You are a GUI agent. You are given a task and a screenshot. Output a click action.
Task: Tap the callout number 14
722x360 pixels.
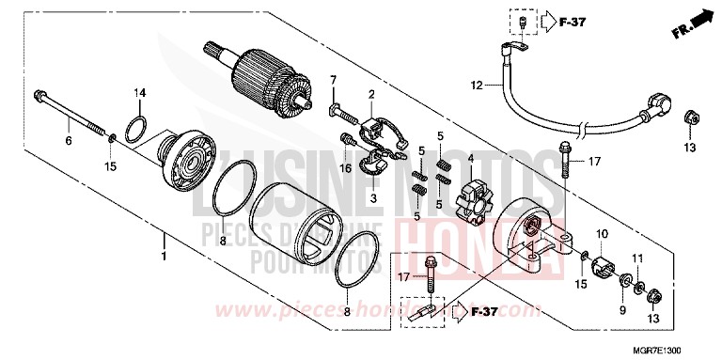(139, 92)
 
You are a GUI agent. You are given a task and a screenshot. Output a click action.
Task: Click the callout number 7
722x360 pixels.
(333, 78)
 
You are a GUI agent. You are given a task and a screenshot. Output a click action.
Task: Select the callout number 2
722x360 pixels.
(371, 94)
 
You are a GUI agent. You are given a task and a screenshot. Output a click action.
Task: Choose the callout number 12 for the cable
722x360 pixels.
(477, 86)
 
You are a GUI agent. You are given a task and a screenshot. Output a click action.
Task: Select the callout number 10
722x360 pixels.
(601, 234)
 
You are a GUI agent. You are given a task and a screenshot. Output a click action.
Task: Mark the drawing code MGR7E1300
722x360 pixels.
(683, 349)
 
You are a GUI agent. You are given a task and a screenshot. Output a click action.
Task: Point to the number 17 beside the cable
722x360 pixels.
(593, 162)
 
